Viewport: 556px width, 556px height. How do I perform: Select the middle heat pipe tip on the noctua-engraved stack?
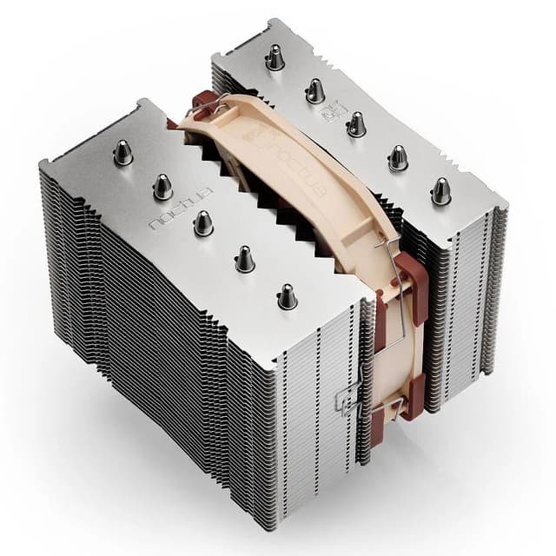[x=203, y=223]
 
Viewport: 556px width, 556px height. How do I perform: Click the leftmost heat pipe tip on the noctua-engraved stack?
[x=123, y=153]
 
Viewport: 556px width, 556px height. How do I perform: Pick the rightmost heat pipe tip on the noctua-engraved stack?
[x=288, y=296]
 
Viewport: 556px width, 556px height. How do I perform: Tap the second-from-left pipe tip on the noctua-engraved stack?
[x=162, y=185]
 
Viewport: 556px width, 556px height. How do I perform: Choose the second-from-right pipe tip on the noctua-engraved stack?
[x=244, y=258]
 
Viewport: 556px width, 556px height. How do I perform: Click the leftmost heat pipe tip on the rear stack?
[x=275, y=58]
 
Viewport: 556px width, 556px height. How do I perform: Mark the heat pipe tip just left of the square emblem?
[x=315, y=90]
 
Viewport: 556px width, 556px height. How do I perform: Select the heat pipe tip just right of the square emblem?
[x=356, y=124]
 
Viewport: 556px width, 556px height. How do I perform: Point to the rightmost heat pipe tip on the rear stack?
[x=441, y=191]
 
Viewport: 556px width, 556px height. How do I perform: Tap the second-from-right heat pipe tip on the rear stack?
[x=398, y=157]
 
